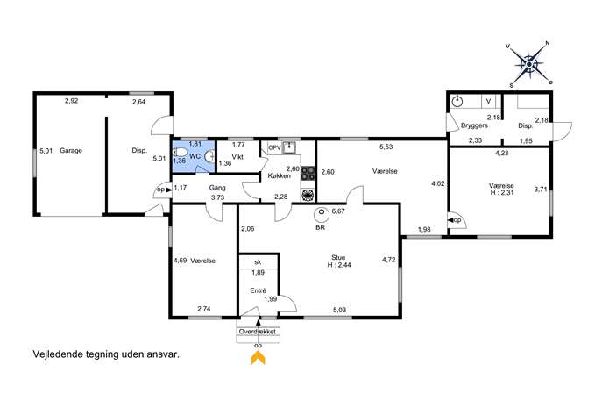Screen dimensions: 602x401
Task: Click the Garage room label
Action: (71, 151)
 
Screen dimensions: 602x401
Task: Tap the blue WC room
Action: (194, 156)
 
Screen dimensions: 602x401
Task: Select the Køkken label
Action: (280, 175)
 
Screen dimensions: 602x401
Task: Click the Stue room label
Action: (338, 257)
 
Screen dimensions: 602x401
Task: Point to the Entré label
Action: (258, 291)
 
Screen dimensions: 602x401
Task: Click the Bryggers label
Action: (474, 125)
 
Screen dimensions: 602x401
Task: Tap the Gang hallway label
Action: (217, 188)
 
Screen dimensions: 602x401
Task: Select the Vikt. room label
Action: (238, 157)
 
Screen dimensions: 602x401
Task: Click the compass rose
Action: (529, 64)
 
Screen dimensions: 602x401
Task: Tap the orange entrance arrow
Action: (258, 359)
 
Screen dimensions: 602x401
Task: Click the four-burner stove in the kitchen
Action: (308, 173)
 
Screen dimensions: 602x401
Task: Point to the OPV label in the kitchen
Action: (274, 147)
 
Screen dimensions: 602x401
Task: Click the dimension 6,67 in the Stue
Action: (338, 211)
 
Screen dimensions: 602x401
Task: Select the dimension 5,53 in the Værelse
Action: (386, 147)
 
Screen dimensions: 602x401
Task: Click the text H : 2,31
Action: (502, 192)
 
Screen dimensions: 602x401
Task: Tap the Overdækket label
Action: (258, 332)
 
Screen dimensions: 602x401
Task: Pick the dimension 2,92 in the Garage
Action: (71, 101)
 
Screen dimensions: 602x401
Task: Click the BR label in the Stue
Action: (320, 227)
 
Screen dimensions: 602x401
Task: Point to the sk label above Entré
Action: (258, 262)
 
